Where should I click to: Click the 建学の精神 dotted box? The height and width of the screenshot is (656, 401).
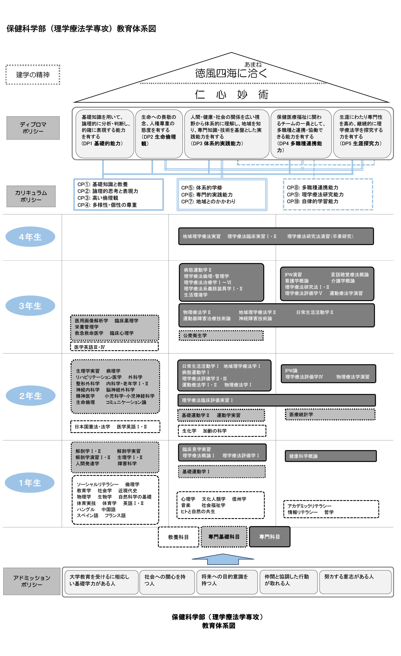tap(33, 75)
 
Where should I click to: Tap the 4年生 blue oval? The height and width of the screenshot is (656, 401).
tap(30, 237)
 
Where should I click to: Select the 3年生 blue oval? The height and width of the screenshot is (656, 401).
tap(30, 306)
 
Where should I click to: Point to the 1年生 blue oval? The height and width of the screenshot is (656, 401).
tap(30, 482)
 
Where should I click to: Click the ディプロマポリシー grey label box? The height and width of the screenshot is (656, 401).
tap(33, 128)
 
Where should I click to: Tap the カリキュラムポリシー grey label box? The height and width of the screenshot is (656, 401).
tap(31, 196)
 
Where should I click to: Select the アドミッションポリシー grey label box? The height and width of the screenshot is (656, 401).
tap(32, 581)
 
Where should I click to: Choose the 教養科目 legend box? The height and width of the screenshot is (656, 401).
tap(178, 537)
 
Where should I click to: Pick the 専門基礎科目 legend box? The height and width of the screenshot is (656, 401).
tap(224, 537)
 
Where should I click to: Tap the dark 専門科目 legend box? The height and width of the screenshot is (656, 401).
tap(270, 537)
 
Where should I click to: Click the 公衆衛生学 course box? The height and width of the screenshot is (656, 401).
tap(221, 335)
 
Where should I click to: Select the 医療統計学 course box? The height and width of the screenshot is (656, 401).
tap(330, 415)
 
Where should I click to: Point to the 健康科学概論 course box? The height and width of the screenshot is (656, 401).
tap(331, 456)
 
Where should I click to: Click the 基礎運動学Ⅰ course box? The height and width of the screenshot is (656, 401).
tap(222, 471)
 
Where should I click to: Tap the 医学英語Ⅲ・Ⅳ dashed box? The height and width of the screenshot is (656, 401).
tap(114, 347)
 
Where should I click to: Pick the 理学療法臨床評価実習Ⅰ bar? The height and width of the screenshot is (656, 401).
tap(276, 400)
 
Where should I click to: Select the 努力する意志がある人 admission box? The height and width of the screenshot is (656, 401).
tap(355, 582)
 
